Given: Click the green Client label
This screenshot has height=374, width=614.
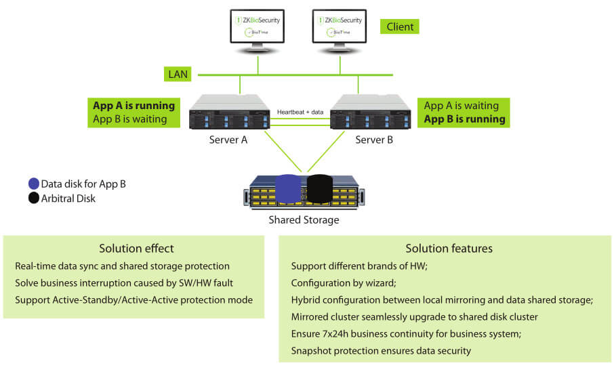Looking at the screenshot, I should click(400, 26).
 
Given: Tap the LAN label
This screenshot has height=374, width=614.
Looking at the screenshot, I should click(178, 74).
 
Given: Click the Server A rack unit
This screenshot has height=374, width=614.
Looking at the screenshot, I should click(228, 112).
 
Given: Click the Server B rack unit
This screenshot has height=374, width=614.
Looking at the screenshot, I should click(370, 112).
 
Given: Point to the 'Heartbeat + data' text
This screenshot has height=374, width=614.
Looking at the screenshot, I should click(300, 111).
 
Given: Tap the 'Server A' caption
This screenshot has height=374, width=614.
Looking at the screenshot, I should click(228, 140).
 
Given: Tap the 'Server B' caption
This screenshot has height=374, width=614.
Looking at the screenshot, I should click(374, 140).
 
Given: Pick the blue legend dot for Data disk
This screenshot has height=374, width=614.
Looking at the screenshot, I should click(33, 184).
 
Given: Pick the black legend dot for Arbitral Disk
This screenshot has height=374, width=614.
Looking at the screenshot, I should click(33, 199).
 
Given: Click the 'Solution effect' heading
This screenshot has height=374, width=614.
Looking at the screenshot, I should click(136, 249).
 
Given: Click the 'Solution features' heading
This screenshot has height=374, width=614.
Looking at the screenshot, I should click(449, 249).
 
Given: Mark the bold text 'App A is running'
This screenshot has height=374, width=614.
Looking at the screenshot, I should click(134, 106).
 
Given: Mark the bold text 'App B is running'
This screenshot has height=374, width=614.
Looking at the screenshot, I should click(464, 119).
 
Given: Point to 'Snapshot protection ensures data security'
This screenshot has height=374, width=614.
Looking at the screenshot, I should click(381, 350).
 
